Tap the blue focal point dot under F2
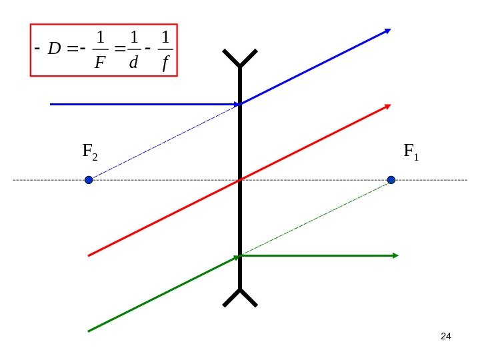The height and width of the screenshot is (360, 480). (89, 180)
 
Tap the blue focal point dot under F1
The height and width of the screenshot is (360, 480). (391, 180)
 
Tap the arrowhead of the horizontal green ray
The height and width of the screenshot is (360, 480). (395, 255)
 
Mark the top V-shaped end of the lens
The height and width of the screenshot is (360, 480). (240, 59)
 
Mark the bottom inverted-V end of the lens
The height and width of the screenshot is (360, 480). (240, 297)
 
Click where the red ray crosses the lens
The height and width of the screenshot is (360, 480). (240, 180)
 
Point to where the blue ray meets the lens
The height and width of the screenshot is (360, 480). (240, 104)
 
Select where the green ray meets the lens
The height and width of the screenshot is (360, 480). (240, 255)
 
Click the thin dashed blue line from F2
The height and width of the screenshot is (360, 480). (163, 142)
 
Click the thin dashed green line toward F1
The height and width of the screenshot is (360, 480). (317, 217)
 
